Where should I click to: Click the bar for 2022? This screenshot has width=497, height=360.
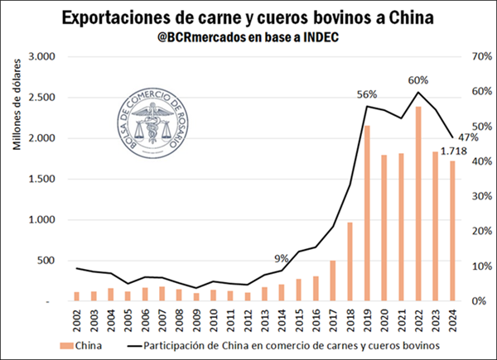(418, 204)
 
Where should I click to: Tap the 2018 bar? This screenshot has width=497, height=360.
(349, 262)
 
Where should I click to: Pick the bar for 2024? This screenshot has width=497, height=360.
(453, 231)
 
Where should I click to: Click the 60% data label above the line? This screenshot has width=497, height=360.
(418, 80)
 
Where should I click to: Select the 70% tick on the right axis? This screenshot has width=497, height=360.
(460, 56)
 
